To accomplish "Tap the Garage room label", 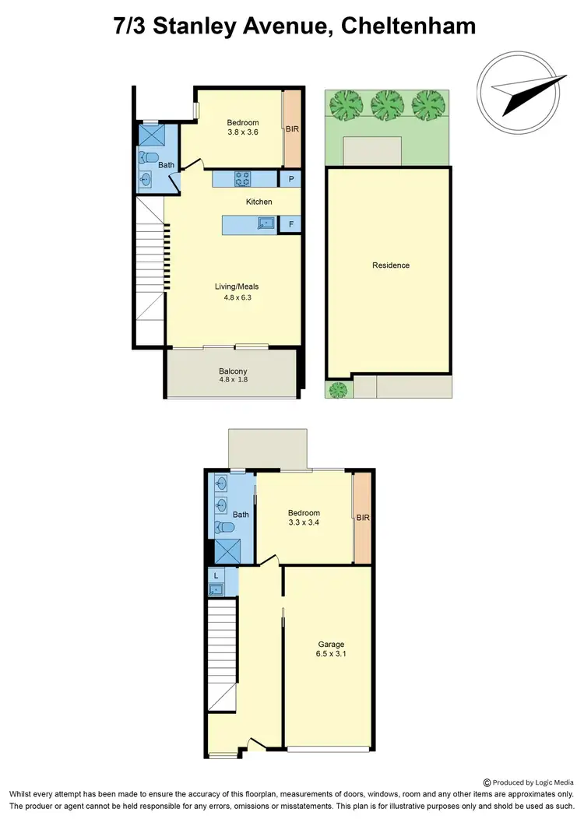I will pos(331,644).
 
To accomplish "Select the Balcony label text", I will pos(233,371).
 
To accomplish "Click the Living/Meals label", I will pos(237,286).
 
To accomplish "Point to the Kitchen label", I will pos(259,202).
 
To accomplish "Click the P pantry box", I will pos(290,179).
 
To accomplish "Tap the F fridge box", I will pos(290,225).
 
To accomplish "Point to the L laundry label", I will pos(215,575).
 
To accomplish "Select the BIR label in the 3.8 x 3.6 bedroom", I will pos(293,129).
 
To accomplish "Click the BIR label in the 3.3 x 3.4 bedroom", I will pos(362,518).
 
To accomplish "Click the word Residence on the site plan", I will pos(390,265).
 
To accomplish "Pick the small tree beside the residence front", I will pos(337,389).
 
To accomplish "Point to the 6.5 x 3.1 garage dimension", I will pos(331,655).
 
